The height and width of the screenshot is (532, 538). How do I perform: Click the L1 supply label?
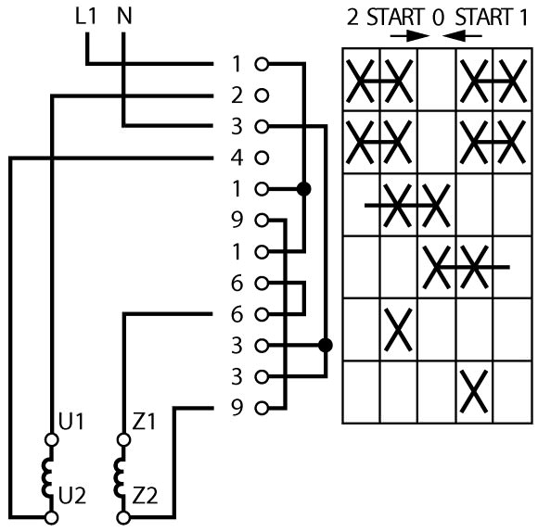(x=85, y=16)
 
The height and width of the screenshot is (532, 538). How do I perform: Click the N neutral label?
(x=124, y=16)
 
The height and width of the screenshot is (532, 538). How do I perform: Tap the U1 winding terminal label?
(x=71, y=421)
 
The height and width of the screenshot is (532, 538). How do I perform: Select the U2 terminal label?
(x=72, y=495)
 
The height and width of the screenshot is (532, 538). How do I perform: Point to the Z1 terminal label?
(x=144, y=421)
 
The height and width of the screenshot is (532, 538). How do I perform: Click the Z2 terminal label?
(x=145, y=495)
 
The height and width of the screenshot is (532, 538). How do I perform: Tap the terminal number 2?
(x=237, y=95)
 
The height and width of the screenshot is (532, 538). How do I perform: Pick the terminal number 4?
(x=237, y=158)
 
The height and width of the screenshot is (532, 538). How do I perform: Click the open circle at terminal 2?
(x=262, y=95)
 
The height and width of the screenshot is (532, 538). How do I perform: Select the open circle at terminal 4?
(x=262, y=158)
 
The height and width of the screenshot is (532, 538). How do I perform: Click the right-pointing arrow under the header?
(x=410, y=35)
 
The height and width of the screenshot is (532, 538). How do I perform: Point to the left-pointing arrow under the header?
(x=462, y=35)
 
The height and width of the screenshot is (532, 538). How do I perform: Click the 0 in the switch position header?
(x=438, y=17)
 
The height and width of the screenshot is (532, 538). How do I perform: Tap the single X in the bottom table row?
(x=474, y=391)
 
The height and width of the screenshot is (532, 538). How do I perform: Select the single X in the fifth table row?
(x=398, y=329)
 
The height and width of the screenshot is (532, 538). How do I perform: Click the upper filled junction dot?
(x=303, y=189)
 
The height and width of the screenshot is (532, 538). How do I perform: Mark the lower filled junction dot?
(x=326, y=345)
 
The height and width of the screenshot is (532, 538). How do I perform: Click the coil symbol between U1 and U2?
(x=47, y=478)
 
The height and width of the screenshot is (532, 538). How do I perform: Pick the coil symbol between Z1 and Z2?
(x=120, y=478)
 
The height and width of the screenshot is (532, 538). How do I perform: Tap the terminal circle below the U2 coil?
(x=51, y=517)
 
